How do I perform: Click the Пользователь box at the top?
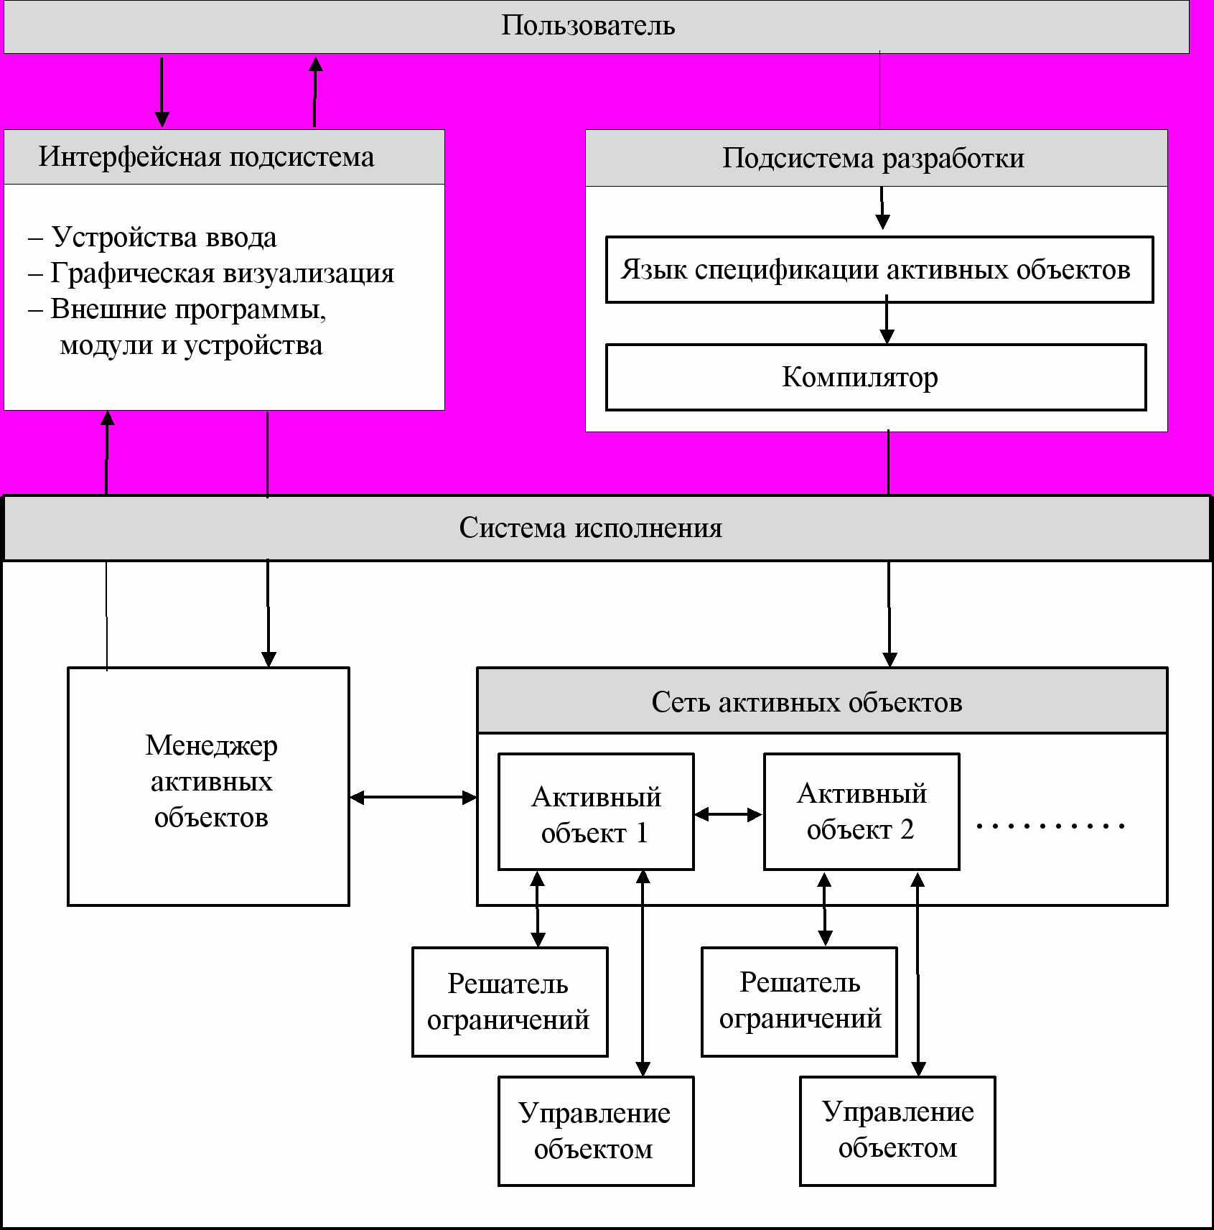(x=596, y=27)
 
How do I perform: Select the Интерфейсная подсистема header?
(x=224, y=157)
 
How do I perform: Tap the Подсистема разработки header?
(x=876, y=158)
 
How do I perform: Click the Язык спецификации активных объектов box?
(x=879, y=269)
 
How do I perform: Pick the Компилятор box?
(x=876, y=378)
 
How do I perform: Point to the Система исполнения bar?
(x=607, y=528)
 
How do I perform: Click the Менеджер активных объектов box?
(x=208, y=786)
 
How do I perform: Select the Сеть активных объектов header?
(x=822, y=701)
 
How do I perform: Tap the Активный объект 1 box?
(x=596, y=812)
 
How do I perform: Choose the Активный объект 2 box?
(x=862, y=812)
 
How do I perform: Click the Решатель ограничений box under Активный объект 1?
(x=510, y=1002)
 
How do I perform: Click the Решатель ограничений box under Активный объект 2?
(x=799, y=1002)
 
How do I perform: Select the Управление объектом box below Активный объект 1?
(x=596, y=1131)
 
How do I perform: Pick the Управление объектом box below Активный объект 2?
(x=897, y=1131)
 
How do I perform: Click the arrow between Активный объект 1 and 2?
(x=729, y=814)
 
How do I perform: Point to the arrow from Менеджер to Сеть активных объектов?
(x=414, y=797)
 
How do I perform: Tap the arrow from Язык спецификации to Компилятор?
(x=887, y=320)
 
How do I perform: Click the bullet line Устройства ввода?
(x=152, y=237)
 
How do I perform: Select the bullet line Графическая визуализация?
(x=211, y=273)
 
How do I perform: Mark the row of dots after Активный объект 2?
(x=1050, y=826)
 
